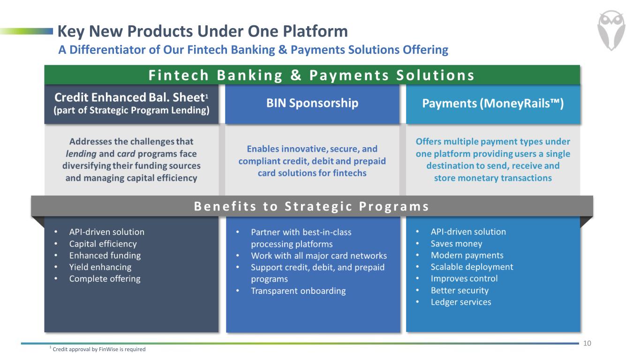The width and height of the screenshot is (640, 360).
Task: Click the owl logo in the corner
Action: [611, 30]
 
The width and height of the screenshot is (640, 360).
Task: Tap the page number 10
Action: [587, 343]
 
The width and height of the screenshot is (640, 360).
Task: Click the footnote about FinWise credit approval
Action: [98, 349]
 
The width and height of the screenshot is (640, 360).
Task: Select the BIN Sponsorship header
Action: [312, 103]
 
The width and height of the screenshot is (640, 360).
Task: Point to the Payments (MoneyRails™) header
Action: [493, 103]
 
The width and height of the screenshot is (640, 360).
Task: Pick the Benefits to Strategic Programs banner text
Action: [311, 206]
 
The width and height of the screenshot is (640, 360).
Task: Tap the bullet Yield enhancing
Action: [100, 267]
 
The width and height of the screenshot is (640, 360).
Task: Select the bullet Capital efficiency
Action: [103, 244]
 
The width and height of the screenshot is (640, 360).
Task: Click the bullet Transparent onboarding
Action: [298, 291]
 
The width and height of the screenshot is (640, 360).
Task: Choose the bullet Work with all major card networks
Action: [319, 255]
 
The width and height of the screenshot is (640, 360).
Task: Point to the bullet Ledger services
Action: [461, 302]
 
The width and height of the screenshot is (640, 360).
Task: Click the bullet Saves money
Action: [456, 243]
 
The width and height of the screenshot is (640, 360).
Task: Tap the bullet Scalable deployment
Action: [472, 267]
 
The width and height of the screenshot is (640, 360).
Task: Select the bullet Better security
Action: [459, 290]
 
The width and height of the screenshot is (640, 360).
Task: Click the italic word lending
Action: [81, 154]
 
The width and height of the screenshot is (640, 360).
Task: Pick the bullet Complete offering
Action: [105, 279]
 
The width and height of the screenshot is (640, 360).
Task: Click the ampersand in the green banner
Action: [296, 75]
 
